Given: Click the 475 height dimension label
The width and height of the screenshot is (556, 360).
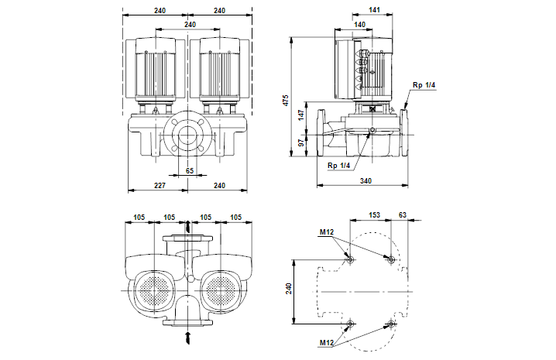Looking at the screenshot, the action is click(x=287, y=100).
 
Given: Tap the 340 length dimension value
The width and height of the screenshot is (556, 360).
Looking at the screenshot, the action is click(x=366, y=181).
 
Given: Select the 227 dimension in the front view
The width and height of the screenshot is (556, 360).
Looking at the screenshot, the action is click(x=160, y=186).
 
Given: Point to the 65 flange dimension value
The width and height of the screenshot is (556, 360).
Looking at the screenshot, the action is click(x=190, y=170).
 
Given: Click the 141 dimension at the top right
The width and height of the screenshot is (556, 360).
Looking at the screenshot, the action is click(x=374, y=10).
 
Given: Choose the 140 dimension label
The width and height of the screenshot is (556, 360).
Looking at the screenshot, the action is click(x=359, y=25).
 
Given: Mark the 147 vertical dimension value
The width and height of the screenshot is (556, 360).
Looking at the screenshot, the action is click(x=301, y=115).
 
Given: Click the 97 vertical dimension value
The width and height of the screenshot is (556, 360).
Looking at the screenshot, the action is click(x=301, y=142).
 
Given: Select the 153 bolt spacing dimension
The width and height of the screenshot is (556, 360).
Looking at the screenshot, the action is click(x=374, y=215).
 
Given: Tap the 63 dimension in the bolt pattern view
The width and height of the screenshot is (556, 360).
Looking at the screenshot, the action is click(x=403, y=215).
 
